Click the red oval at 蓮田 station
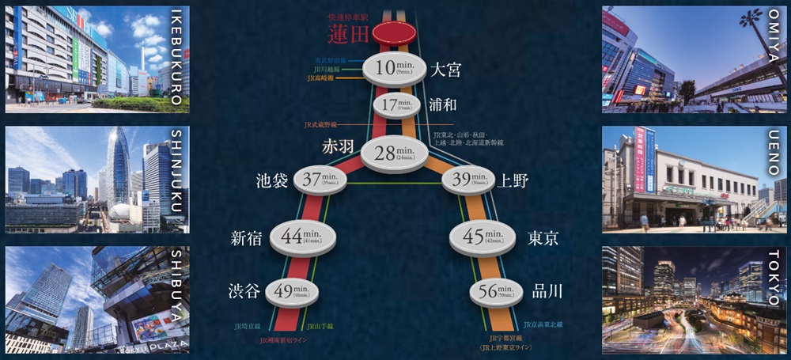[394, 33]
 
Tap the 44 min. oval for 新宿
[304, 237]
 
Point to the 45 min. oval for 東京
[483, 237]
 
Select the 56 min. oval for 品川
[495, 292]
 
